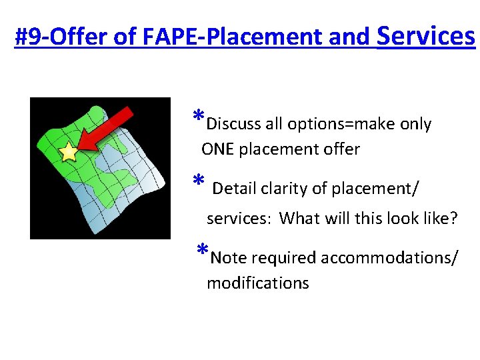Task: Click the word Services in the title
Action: click(x=425, y=36)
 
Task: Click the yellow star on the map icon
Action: click(x=69, y=153)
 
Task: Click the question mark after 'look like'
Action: click(x=454, y=219)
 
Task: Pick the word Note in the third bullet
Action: click(x=227, y=258)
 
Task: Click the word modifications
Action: click(x=258, y=283)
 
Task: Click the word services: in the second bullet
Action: click(x=239, y=219)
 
